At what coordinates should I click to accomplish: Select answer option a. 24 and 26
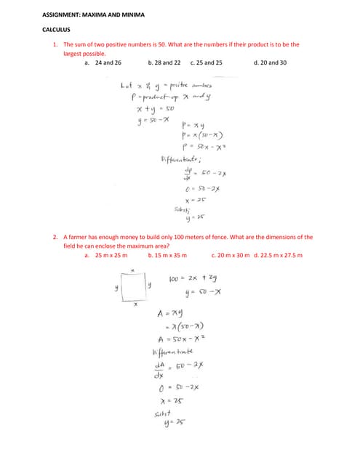click(103, 63)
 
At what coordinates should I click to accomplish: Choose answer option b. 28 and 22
click(164, 63)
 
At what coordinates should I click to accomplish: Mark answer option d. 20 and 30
click(270, 63)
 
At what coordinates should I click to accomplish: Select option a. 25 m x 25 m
click(106, 256)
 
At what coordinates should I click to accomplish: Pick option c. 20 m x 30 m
click(229, 256)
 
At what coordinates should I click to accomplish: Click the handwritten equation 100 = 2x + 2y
click(193, 278)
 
